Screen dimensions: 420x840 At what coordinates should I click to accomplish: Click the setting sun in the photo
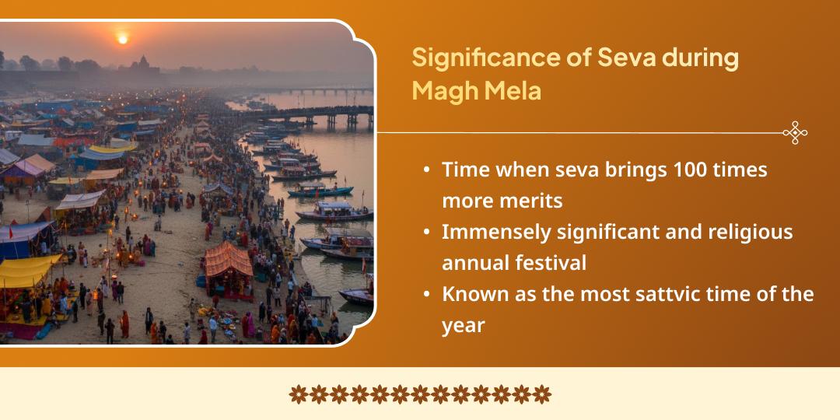[122, 38]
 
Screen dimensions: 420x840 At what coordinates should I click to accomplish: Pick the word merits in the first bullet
[523, 200]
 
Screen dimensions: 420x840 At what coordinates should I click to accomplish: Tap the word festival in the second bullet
[551, 263]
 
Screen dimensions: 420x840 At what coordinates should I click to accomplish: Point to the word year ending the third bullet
[463, 325]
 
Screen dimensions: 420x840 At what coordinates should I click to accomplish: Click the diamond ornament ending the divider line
[795, 133]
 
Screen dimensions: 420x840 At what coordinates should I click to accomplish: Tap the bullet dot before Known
[427, 295]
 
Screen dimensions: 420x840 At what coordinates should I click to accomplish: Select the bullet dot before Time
[427, 170]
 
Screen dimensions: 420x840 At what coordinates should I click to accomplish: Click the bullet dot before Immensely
[427, 233]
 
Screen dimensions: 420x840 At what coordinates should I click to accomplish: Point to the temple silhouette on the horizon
[144, 65]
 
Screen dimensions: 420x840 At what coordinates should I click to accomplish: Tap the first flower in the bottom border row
[299, 394]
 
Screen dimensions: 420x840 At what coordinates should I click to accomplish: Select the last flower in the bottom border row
[542, 394]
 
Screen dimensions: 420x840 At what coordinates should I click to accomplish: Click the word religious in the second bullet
[754, 232]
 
